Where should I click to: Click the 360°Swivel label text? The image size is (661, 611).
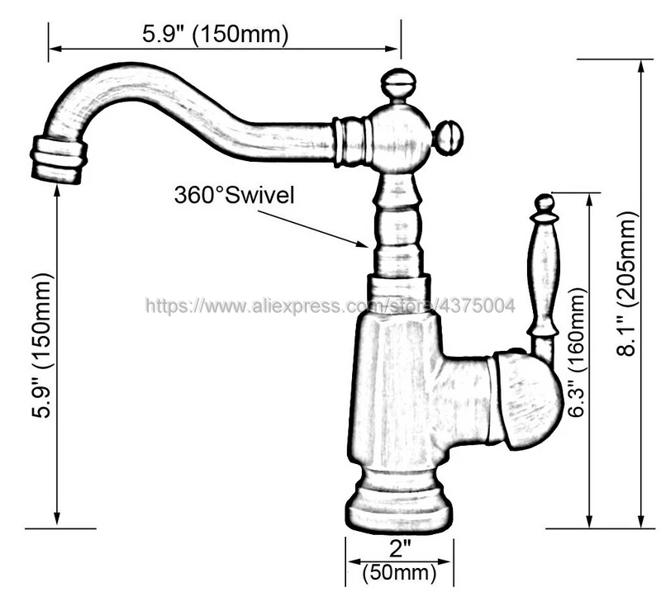click(235, 196)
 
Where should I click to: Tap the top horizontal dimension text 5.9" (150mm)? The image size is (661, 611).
click(216, 34)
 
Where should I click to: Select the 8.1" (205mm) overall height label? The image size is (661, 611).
click(627, 283)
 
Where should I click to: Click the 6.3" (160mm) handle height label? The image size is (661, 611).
click(577, 352)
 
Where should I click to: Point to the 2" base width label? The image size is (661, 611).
click(400, 547)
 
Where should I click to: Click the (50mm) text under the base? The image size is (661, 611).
click(399, 572)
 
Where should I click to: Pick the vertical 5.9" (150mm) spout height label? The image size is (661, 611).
click(43, 345)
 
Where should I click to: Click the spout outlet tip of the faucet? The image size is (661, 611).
click(58, 160)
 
